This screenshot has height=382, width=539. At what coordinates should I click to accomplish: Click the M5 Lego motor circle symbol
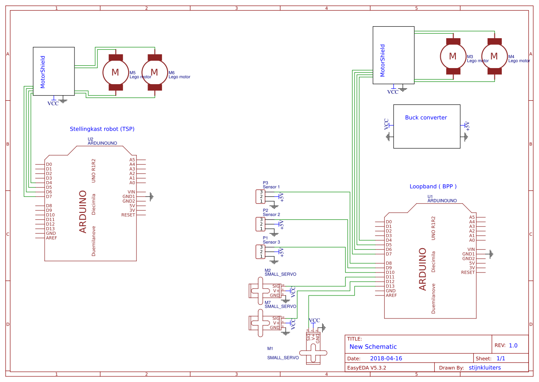[115, 72]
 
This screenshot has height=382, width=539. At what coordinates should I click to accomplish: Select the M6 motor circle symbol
[154, 72]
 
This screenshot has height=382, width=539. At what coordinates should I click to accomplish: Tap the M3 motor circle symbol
[453, 56]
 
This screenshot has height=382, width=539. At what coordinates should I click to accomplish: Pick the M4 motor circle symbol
[494, 56]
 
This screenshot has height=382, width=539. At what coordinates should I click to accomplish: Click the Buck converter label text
[426, 118]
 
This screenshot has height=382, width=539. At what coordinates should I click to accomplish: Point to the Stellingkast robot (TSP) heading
[102, 129]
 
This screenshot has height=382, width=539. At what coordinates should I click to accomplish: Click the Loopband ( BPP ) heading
[433, 187]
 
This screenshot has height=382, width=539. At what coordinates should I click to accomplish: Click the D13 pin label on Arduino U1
[390, 286]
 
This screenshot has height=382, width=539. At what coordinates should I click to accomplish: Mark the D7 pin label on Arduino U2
[49, 197]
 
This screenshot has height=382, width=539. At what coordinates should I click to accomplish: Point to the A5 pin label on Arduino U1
[472, 217]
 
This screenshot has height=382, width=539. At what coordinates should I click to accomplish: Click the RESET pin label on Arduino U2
[128, 215]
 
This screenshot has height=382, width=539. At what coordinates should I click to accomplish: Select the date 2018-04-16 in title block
[386, 359]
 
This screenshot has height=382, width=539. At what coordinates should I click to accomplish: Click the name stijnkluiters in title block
[485, 368]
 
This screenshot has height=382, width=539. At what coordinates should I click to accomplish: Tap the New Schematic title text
[373, 347]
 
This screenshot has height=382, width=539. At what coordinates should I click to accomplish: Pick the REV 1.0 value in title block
[513, 346]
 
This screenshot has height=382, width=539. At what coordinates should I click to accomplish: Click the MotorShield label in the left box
[43, 72]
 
